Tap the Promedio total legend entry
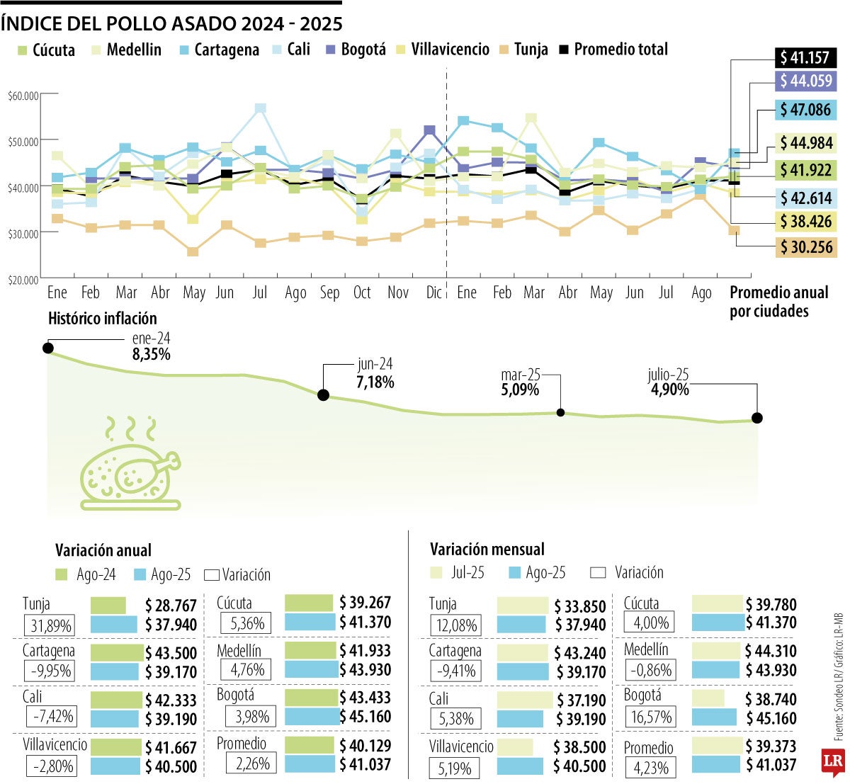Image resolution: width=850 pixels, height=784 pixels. [613, 50]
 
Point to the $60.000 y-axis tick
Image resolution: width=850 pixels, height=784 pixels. [23, 95]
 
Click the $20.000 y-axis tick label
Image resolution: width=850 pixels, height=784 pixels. [23, 280]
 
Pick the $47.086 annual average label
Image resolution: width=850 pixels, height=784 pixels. [806, 110]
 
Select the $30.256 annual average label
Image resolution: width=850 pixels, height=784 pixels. [806, 247]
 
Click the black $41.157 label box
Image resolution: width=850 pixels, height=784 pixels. [806, 57]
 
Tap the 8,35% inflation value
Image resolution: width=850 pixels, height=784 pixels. [151, 354]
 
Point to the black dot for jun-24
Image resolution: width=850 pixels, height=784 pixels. [323, 395]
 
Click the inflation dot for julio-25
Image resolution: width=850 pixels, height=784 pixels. [756, 418]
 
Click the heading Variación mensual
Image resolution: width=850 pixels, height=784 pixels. [487, 550]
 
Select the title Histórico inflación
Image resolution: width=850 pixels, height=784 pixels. [102, 319]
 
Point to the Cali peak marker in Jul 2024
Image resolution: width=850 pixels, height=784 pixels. [261, 108]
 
